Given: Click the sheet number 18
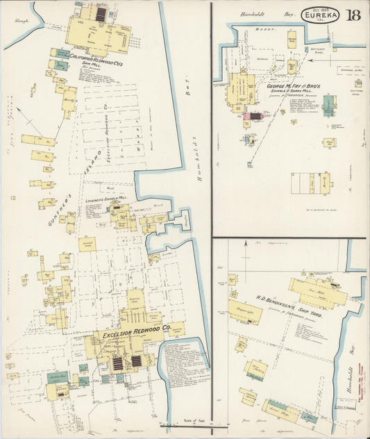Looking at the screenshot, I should point(353,15).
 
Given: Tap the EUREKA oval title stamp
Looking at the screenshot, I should point(320,14).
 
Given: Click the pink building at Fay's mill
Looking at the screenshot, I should point(246,116).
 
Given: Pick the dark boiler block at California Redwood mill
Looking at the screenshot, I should point(101,14).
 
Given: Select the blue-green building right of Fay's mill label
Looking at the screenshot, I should point(328,104).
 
